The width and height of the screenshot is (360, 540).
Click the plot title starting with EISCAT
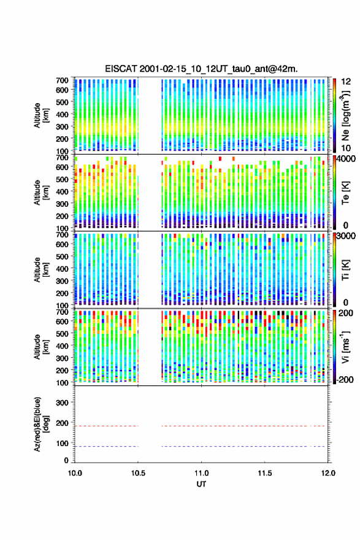pos(201,69)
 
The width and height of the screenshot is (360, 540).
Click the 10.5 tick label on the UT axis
pos(138,473)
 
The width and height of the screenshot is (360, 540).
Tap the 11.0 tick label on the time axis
pos(201,473)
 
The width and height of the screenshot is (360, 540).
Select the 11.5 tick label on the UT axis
pos(265,473)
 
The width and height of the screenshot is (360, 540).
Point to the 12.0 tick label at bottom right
pos(328,473)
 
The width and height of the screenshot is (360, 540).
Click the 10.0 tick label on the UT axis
pos(75,473)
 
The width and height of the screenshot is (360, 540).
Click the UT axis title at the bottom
pos(201,484)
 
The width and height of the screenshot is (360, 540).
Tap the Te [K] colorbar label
pos(345,193)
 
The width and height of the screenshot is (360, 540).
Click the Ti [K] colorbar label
pos(345,269)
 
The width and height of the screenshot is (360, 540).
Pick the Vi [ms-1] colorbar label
pos(345,347)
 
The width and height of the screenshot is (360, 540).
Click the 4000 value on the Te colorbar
pos(346,160)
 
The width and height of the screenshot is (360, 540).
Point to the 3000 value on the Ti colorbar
pos(346,236)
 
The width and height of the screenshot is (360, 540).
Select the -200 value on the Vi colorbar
pos(345,379)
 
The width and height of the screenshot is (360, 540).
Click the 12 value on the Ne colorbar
pos(346,82)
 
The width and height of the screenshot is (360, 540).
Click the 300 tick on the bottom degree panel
pos(62,403)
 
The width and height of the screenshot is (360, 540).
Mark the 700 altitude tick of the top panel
pos(62,80)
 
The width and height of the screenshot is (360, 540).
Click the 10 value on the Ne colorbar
pos(346,148)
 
